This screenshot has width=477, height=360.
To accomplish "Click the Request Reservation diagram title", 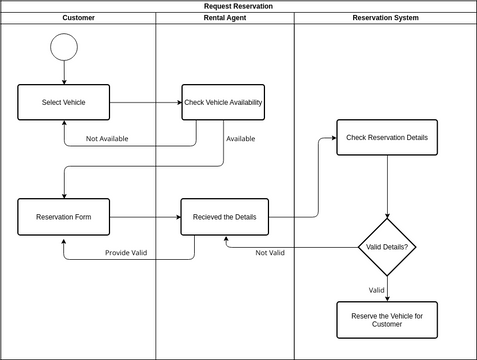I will (238, 6).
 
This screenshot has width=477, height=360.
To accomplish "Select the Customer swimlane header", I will (78, 18).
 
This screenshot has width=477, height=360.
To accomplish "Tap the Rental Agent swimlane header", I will (224, 18).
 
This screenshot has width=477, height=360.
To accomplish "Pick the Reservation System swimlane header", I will (385, 18).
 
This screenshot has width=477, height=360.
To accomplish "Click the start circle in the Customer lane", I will (64, 46).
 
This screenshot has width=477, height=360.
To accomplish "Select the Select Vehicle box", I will (64, 102).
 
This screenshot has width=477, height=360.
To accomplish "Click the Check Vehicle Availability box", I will (223, 102).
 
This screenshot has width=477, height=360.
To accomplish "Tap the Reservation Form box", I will (64, 217).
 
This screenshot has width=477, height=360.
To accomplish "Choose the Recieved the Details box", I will (224, 217).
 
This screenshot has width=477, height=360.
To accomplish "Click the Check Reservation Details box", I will (387, 137).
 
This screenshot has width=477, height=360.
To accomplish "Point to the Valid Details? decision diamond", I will (387, 246).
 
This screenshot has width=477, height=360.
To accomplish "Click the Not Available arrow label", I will (107, 138).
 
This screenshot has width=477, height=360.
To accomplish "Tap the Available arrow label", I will (241, 138).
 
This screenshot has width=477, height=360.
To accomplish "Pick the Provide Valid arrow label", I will (126, 252).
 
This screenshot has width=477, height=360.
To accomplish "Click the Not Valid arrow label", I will (270, 252).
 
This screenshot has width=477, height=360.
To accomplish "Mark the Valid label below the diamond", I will (376, 290).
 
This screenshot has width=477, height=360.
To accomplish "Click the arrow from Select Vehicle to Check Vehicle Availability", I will (145, 102).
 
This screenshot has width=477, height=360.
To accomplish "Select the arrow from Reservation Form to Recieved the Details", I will (145, 217).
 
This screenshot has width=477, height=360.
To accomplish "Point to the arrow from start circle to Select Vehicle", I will (64, 72).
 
